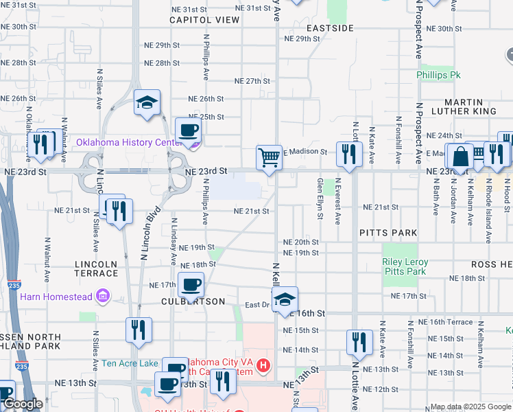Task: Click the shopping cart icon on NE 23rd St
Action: point(270,157)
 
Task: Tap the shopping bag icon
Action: point(460,157)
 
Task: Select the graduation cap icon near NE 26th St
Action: point(147,103)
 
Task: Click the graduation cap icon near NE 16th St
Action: point(285,299)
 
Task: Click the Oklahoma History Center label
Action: point(129,142)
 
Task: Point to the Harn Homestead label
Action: point(56,297)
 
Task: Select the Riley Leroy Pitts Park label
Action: point(405,266)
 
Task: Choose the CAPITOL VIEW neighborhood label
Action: point(205,20)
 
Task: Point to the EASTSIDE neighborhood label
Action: point(330,28)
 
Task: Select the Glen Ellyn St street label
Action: point(320,199)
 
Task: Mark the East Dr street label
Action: point(259,305)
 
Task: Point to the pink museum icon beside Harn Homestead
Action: point(104,297)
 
